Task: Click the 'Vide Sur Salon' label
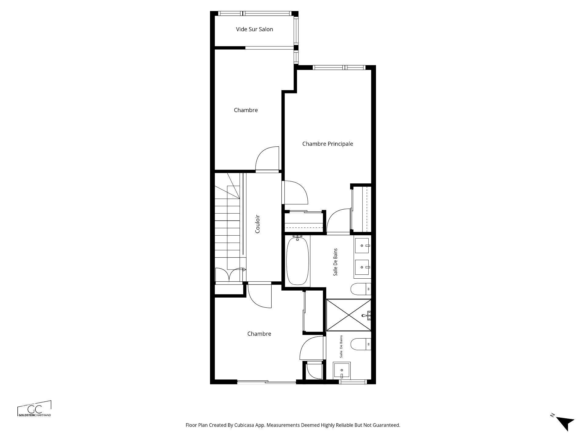click(254, 29)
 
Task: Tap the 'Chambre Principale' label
click(327, 144)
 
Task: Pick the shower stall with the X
click(348, 315)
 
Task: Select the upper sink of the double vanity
click(362, 246)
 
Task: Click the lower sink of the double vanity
click(362, 267)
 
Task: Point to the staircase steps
click(227, 226)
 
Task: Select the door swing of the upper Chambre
click(266, 159)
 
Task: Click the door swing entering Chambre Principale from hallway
click(295, 193)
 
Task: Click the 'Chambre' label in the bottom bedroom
click(259, 334)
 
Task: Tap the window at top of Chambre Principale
click(339, 68)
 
